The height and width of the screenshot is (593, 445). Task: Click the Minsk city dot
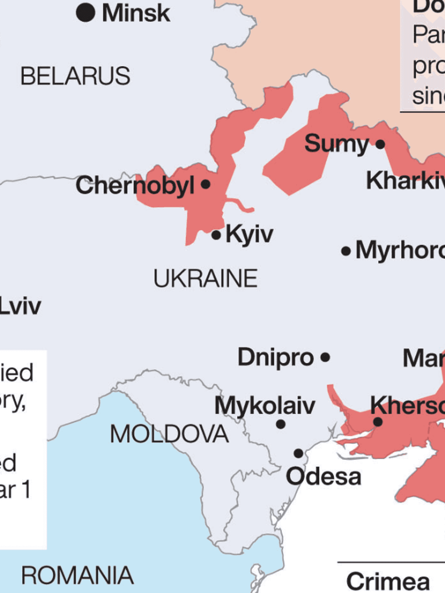point(85,12)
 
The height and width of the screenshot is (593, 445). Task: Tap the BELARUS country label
point(75,76)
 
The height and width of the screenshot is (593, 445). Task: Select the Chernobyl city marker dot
point(206,184)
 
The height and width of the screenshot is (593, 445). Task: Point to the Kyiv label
point(249,234)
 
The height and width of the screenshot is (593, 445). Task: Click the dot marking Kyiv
point(216,235)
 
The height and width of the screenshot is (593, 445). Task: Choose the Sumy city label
point(336,144)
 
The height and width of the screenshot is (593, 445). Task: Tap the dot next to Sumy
point(380,144)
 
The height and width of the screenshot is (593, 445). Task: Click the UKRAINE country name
point(205,278)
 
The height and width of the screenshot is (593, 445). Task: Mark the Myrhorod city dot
point(346,251)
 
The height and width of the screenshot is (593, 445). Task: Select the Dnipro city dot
point(325,357)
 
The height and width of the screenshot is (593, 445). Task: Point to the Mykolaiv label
point(265,406)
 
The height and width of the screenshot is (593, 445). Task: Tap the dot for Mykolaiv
point(281,424)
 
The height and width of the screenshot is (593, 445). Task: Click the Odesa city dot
point(298,453)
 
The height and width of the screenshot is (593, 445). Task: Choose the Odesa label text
point(323,476)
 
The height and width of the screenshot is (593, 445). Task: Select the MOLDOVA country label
point(169,434)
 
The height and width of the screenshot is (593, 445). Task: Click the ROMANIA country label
point(77,575)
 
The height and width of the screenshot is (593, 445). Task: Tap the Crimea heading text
point(388,581)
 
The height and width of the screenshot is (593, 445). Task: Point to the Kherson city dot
point(378,422)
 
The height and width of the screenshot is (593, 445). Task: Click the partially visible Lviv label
point(20,306)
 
